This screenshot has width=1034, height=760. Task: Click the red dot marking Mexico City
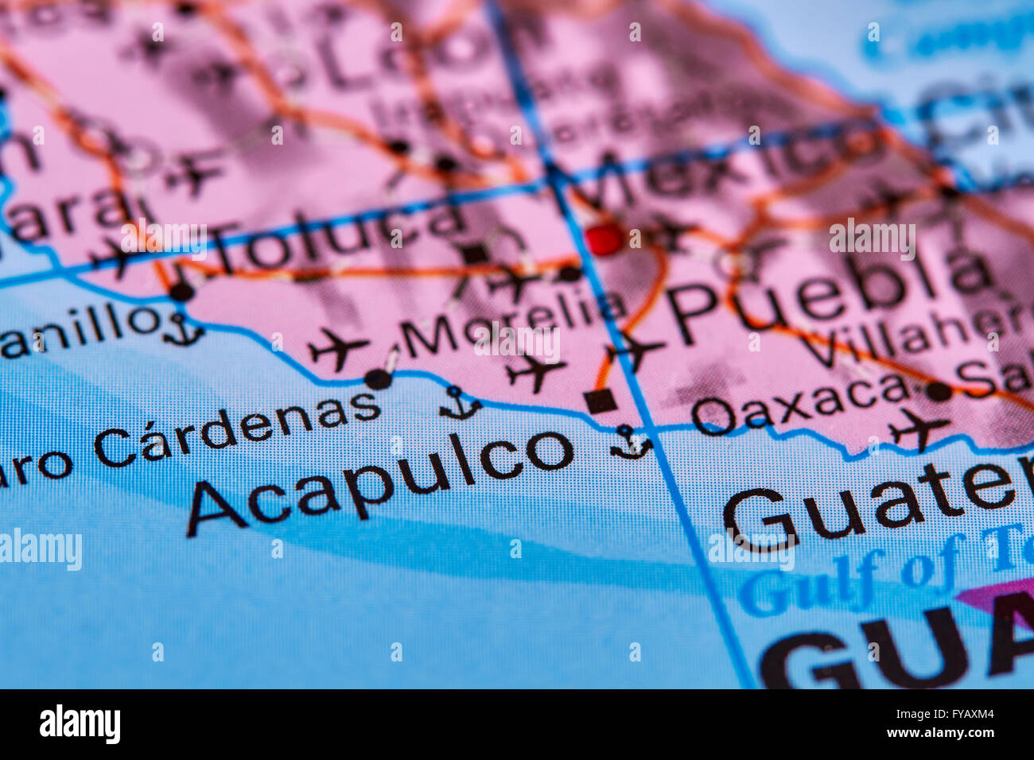pyautogui.click(x=604, y=238)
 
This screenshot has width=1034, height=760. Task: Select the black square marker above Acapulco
pyautogui.click(x=600, y=401)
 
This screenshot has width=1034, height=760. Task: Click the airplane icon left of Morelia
pyautogui.click(x=338, y=348)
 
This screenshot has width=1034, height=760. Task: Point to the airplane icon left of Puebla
pyautogui.click(x=634, y=349)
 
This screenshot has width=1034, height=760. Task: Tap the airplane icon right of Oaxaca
pyautogui.click(x=919, y=429)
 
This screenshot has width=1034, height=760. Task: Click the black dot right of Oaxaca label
pyautogui.click(x=939, y=390)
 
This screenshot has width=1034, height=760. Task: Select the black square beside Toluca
pyautogui.click(x=476, y=254)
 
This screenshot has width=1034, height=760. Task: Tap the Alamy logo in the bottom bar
pyautogui.click(x=80, y=724)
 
